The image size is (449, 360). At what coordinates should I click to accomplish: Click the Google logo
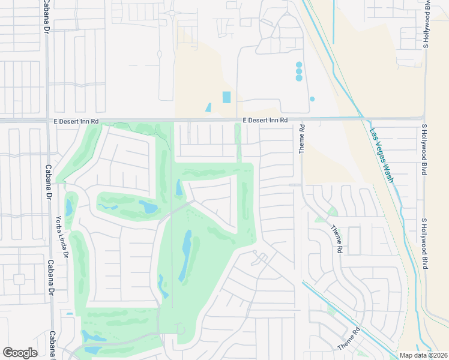click(x=20, y=353)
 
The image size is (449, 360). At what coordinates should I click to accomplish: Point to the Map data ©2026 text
click(x=423, y=355)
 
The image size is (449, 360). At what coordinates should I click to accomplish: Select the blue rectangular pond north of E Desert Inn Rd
click(x=226, y=97)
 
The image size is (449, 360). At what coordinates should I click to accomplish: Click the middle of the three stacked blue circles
click(x=299, y=71)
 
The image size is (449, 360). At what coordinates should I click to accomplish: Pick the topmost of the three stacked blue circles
click(x=299, y=64)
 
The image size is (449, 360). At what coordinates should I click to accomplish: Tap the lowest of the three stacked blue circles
click(x=299, y=78)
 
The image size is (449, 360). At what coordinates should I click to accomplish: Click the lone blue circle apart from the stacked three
click(x=312, y=99)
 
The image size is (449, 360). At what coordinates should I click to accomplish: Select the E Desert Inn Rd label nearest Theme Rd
click(x=265, y=121)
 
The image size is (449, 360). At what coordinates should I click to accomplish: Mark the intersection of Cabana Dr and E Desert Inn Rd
click(x=47, y=121)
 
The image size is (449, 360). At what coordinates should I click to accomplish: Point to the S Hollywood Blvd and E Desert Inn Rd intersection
click(x=425, y=118)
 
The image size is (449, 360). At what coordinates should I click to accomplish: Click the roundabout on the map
click(x=172, y=12)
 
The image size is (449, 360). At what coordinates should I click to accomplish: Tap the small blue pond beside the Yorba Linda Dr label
click(x=69, y=208)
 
